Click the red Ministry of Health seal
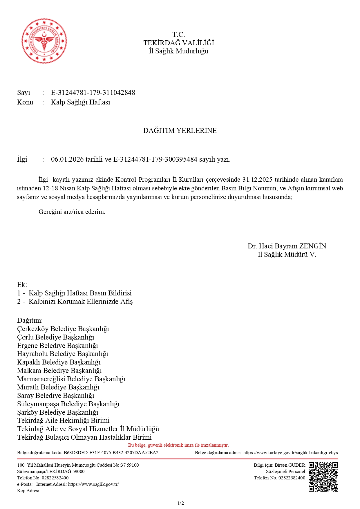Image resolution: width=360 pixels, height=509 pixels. click(44, 41)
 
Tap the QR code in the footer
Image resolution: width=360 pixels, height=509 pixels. click(323, 476)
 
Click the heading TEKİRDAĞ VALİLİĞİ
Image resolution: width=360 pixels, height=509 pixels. click(179, 43)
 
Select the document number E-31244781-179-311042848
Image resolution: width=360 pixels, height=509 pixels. click(93, 93)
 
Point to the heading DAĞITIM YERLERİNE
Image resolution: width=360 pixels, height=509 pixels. click(180, 131)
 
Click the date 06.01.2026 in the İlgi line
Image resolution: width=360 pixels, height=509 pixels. click(67, 159)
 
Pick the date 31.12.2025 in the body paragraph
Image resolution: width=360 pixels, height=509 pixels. click(257, 179)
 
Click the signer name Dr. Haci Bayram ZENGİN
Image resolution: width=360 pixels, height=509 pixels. click(287, 246)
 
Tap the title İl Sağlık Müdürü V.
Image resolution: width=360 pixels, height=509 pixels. click(287, 255)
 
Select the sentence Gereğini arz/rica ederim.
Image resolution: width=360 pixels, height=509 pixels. click(72, 212)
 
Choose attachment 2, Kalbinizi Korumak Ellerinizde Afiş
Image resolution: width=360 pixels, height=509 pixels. click(80, 302)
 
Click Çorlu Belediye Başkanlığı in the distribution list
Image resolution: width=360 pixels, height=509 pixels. click(56, 337)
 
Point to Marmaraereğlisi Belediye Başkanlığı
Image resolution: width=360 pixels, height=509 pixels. click(71, 379)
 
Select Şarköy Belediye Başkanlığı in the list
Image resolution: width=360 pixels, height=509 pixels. click(58, 412)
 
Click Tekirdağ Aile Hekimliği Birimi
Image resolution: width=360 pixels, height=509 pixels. click(63, 420)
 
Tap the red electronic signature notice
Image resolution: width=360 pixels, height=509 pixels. click(178, 445)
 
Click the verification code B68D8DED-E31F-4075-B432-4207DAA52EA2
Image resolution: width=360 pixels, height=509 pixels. click(111, 453)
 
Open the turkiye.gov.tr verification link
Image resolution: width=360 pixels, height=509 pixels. click(290, 453)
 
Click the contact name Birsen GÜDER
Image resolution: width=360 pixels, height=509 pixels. click(290, 465)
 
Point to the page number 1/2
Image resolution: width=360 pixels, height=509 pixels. click(180, 503)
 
